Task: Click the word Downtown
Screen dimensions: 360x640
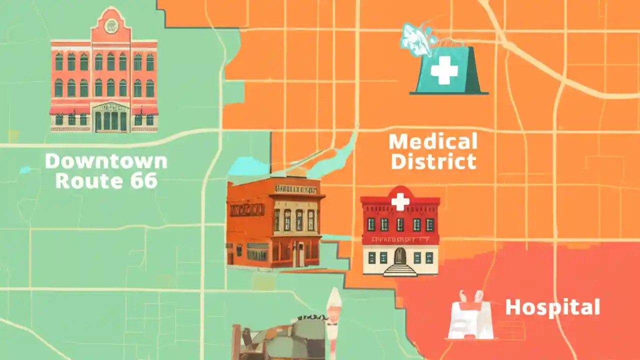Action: [106, 161]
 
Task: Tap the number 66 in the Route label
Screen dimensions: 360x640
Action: [144, 180]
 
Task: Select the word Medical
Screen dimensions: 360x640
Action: [433, 142]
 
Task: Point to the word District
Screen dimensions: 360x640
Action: [433, 161]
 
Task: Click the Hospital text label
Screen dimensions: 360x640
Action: [552, 307]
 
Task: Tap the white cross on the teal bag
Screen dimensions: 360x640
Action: [444, 70]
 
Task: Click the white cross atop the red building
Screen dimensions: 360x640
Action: [399, 201]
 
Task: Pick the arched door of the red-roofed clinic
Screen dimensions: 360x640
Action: [399, 255]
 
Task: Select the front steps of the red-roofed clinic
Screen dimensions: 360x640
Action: [399, 270]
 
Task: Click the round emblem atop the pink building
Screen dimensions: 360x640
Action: [111, 25]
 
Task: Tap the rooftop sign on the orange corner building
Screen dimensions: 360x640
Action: [295, 189]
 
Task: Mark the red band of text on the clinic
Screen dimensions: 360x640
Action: [399, 240]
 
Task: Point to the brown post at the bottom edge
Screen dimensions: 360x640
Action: [236, 343]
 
